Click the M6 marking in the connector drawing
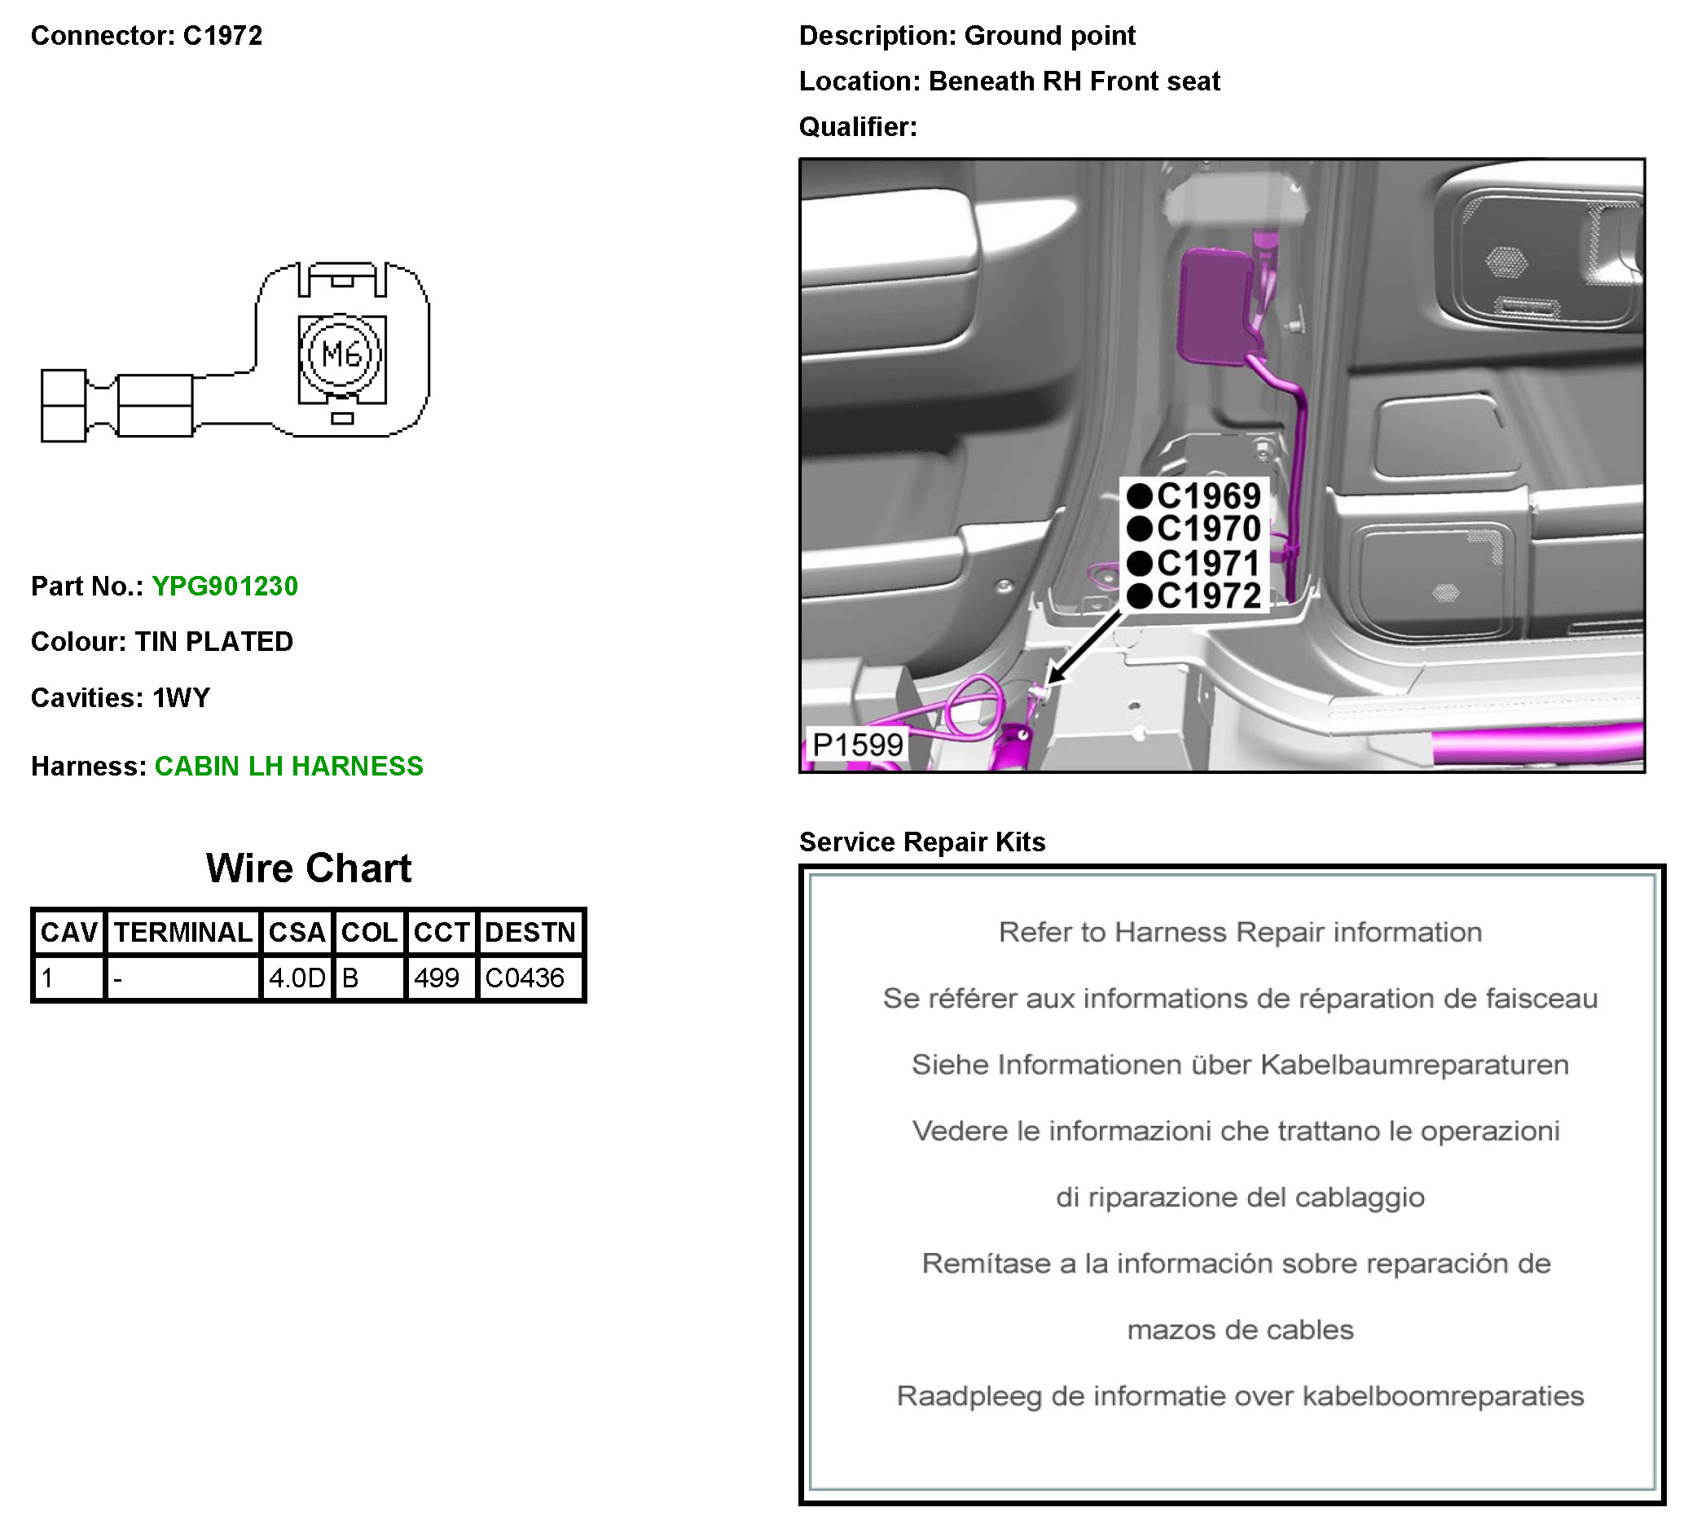point(341,355)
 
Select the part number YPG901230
point(224,587)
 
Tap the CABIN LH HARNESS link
point(289,767)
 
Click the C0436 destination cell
point(525,978)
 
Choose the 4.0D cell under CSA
point(297,978)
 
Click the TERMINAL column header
point(182,932)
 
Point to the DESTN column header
point(530,932)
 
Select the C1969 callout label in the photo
point(1195,497)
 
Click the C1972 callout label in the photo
point(1195,596)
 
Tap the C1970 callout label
point(1195,530)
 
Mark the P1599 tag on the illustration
point(857,745)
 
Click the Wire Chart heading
point(309,868)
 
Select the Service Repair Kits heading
point(922,842)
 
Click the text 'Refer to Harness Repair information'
point(1240,932)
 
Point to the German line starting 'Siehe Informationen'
point(1240,1065)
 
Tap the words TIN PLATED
point(213,641)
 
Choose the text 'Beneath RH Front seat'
point(1075,81)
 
